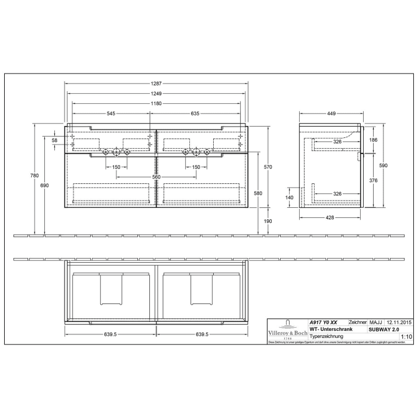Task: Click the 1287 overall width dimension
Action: point(156,84)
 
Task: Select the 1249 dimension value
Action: point(156,94)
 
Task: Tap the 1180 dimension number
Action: point(156,103)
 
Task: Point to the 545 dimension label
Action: point(111,113)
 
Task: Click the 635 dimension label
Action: point(195,113)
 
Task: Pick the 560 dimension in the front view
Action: point(156,177)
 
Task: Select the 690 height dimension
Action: point(44,187)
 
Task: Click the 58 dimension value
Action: point(54,140)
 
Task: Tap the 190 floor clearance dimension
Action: point(268,221)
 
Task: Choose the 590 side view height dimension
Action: point(385,167)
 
